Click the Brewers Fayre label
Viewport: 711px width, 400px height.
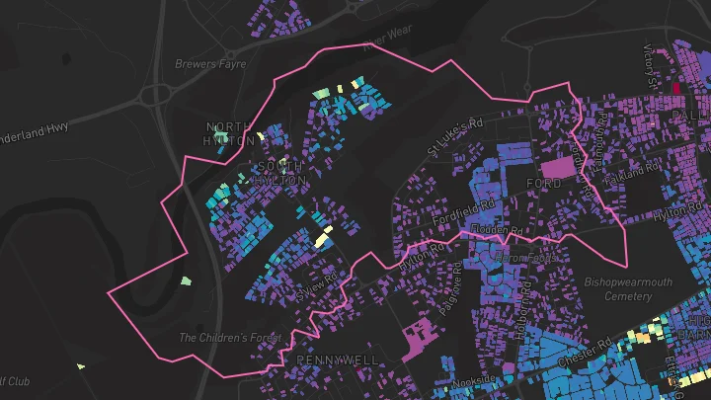pyautogui.click(x=209, y=64)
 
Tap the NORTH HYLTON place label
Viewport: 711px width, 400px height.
pyautogui.click(x=228, y=133)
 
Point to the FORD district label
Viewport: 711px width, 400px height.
pyautogui.click(x=544, y=184)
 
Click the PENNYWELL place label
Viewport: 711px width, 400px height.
pyautogui.click(x=338, y=360)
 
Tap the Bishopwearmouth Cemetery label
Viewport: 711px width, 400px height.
pyautogui.click(x=628, y=288)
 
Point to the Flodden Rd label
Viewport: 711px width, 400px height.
pyautogui.click(x=497, y=229)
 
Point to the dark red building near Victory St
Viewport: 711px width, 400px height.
pyautogui.click(x=676, y=87)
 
